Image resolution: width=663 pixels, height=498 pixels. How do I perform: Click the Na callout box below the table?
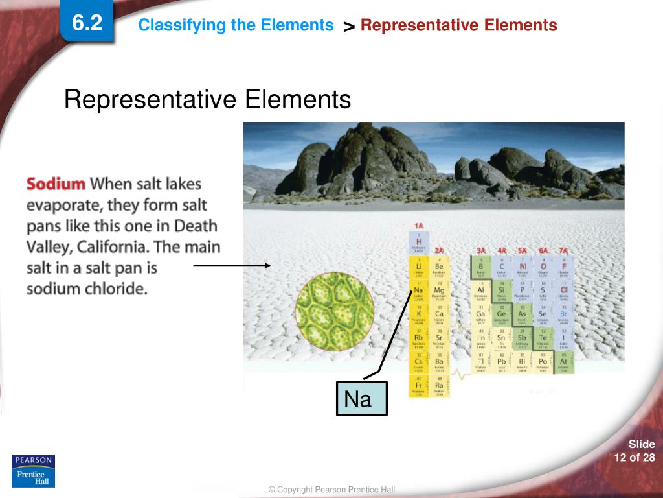(x=361, y=398)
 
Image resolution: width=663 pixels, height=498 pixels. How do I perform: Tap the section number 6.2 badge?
(x=87, y=24)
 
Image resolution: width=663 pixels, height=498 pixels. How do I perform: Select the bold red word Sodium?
(x=56, y=184)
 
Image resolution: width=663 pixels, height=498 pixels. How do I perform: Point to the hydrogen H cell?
(x=419, y=242)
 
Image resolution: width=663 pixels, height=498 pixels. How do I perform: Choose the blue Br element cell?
(x=563, y=316)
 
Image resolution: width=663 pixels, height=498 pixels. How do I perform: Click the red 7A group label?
(x=563, y=250)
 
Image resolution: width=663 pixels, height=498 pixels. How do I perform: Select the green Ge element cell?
(x=501, y=316)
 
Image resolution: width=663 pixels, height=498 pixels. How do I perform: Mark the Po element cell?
(x=543, y=363)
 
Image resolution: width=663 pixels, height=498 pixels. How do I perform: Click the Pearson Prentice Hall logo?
(x=33, y=471)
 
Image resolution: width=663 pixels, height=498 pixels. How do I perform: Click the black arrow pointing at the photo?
(x=232, y=265)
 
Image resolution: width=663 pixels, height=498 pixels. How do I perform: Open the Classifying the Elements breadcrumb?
(x=236, y=25)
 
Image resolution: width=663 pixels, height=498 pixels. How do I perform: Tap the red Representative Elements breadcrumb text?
(x=458, y=25)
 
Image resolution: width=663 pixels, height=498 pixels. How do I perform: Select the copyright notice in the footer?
(x=331, y=490)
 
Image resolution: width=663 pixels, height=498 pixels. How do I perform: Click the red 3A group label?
(x=480, y=250)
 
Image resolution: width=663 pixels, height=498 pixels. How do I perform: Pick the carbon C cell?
(x=501, y=267)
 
